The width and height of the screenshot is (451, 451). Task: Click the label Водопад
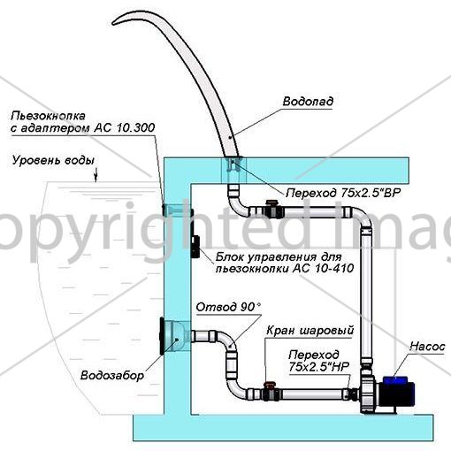308,102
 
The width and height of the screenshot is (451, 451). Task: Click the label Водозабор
112,375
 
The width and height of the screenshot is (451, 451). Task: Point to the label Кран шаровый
310,331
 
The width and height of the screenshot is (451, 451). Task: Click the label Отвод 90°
228,307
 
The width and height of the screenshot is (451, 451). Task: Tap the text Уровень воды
53,161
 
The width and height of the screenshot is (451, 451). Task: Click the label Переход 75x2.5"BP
343,193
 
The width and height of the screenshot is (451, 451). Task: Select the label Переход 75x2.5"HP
319,360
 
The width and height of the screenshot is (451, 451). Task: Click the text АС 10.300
124,127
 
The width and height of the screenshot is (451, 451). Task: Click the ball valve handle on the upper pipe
271,203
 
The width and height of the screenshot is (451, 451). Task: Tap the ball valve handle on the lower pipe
269,385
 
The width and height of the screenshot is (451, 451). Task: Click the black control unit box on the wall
195,247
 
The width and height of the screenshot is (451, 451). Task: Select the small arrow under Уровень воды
96,177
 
